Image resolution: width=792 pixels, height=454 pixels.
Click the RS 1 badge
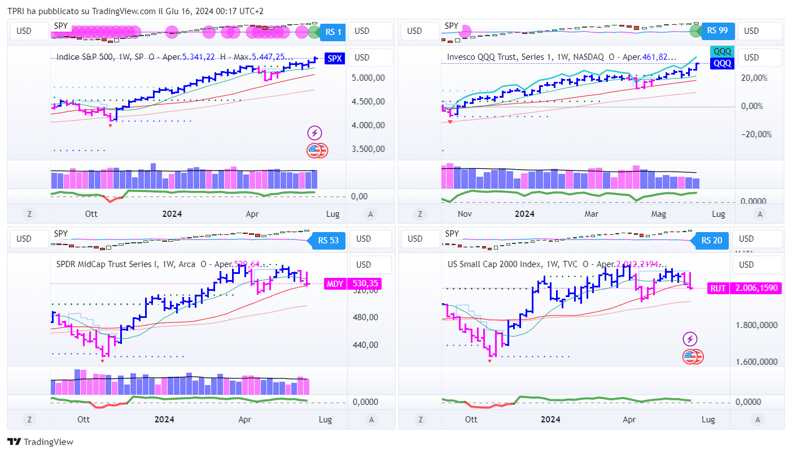(332, 32)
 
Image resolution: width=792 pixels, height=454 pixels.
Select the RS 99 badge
(716, 30)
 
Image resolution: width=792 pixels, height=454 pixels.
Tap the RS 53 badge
(327, 241)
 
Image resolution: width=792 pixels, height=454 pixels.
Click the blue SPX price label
(335, 58)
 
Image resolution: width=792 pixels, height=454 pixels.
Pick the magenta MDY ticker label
(335, 284)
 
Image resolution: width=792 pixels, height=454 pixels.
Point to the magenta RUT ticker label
(717, 288)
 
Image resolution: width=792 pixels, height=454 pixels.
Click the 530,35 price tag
(365, 284)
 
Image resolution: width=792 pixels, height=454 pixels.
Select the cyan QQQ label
(722, 51)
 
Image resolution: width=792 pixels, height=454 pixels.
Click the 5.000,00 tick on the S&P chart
(368, 78)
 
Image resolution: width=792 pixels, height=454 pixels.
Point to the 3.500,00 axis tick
(368, 149)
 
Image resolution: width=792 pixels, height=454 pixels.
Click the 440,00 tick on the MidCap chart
(365, 345)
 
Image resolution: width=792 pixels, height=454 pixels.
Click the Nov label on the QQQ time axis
(465, 214)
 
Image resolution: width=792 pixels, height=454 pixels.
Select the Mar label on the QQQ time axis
(591, 214)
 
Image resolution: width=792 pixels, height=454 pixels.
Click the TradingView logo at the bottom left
(40, 442)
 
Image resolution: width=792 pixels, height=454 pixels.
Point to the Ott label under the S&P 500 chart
(91, 214)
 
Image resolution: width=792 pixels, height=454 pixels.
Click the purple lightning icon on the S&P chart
(314, 133)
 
